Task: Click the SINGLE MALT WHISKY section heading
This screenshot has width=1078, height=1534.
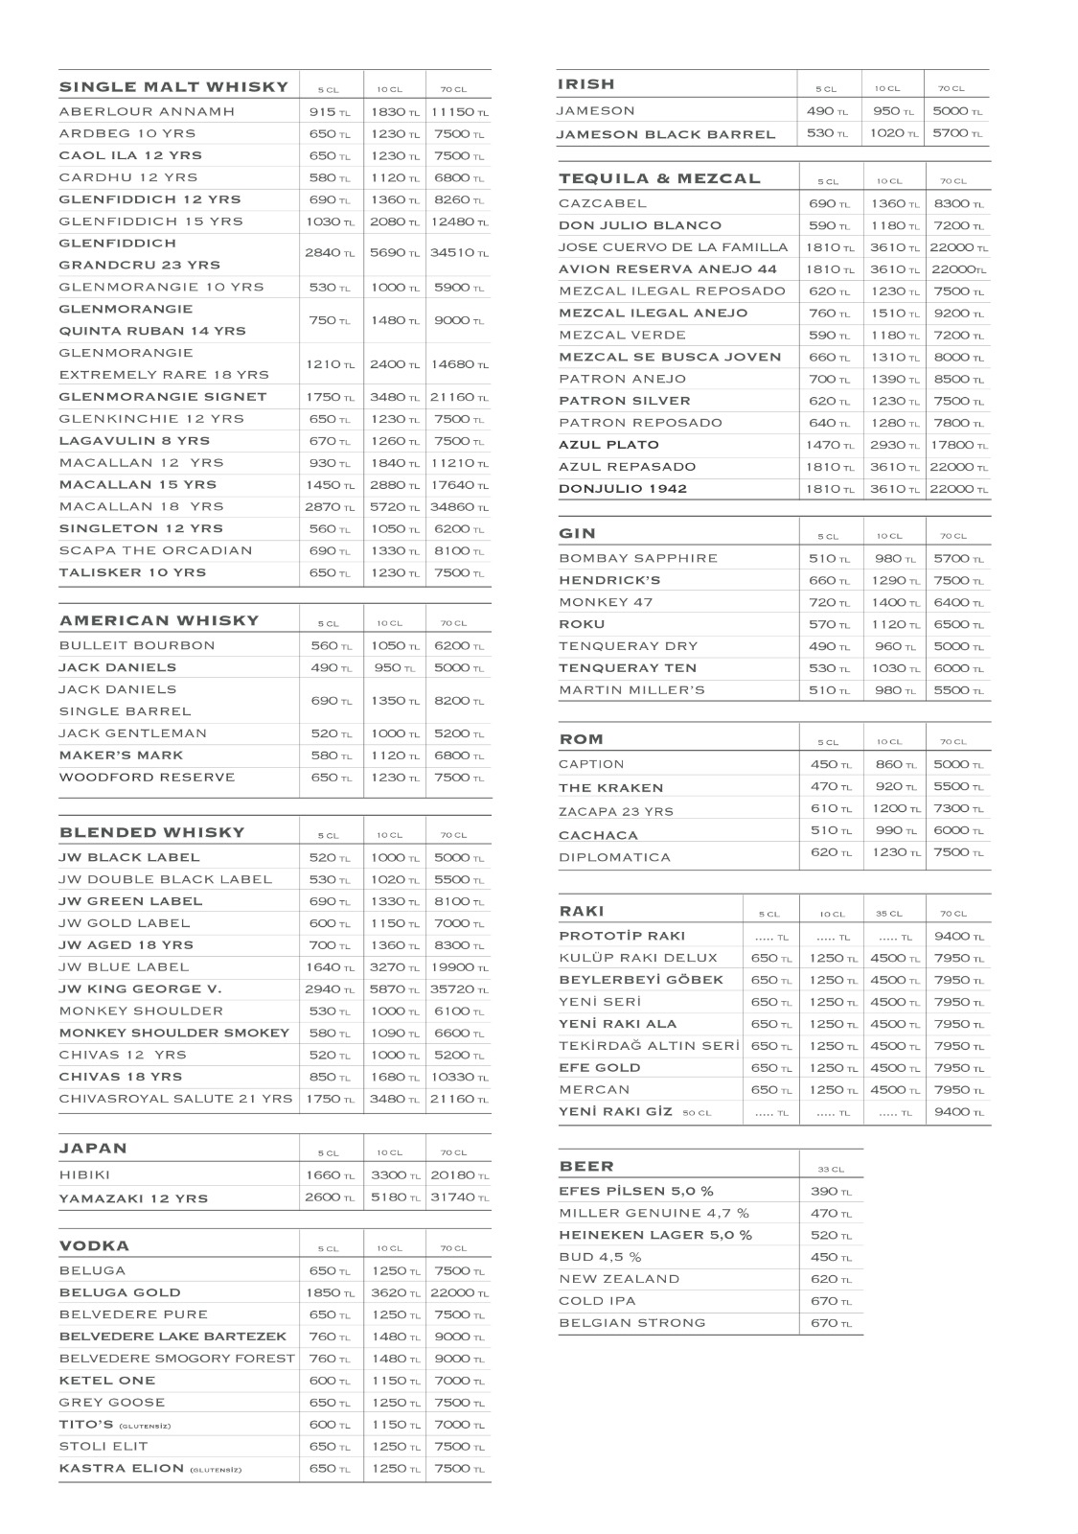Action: pos(173,87)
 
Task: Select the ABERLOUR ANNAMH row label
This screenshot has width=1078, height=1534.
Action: pos(147,111)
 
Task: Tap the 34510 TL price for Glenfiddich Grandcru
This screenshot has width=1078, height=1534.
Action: pos(459,253)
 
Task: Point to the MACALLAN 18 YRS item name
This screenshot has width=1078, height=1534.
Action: pos(141,506)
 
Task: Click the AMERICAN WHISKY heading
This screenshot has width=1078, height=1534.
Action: pos(159,620)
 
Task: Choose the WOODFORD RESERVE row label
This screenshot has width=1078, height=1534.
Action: pos(147,778)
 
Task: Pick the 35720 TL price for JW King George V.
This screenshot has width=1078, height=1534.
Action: pos(459,989)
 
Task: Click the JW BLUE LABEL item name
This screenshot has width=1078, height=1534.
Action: pos(124,967)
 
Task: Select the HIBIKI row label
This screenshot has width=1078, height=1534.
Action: pos(84,1175)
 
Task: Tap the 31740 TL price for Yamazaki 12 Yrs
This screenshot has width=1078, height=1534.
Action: pos(459,1197)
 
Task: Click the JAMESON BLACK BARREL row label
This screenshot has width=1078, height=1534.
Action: pos(666,134)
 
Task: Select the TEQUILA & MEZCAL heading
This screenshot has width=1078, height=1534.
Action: pos(659,178)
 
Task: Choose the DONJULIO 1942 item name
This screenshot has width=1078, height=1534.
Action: pos(623,489)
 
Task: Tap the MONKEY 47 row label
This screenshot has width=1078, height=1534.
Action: pos(606,602)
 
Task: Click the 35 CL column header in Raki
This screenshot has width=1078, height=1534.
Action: pos(889,914)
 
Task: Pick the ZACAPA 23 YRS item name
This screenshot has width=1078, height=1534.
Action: pos(616,811)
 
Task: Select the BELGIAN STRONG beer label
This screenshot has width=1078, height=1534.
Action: pos(632,1323)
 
